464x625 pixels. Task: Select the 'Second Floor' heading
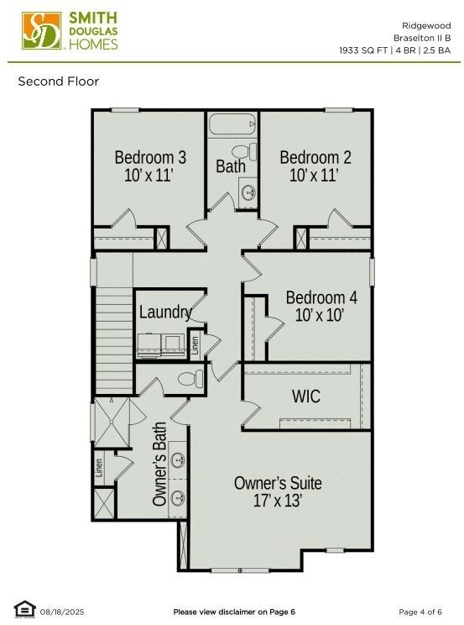tap(59, 81)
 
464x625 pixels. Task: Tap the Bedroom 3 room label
tap(150, 157)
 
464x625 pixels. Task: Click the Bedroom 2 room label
tap(315, 157)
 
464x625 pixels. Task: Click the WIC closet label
tap(305, 396)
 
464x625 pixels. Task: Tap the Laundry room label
tap(165, 312)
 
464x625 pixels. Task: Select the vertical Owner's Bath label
tap(160, 464)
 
